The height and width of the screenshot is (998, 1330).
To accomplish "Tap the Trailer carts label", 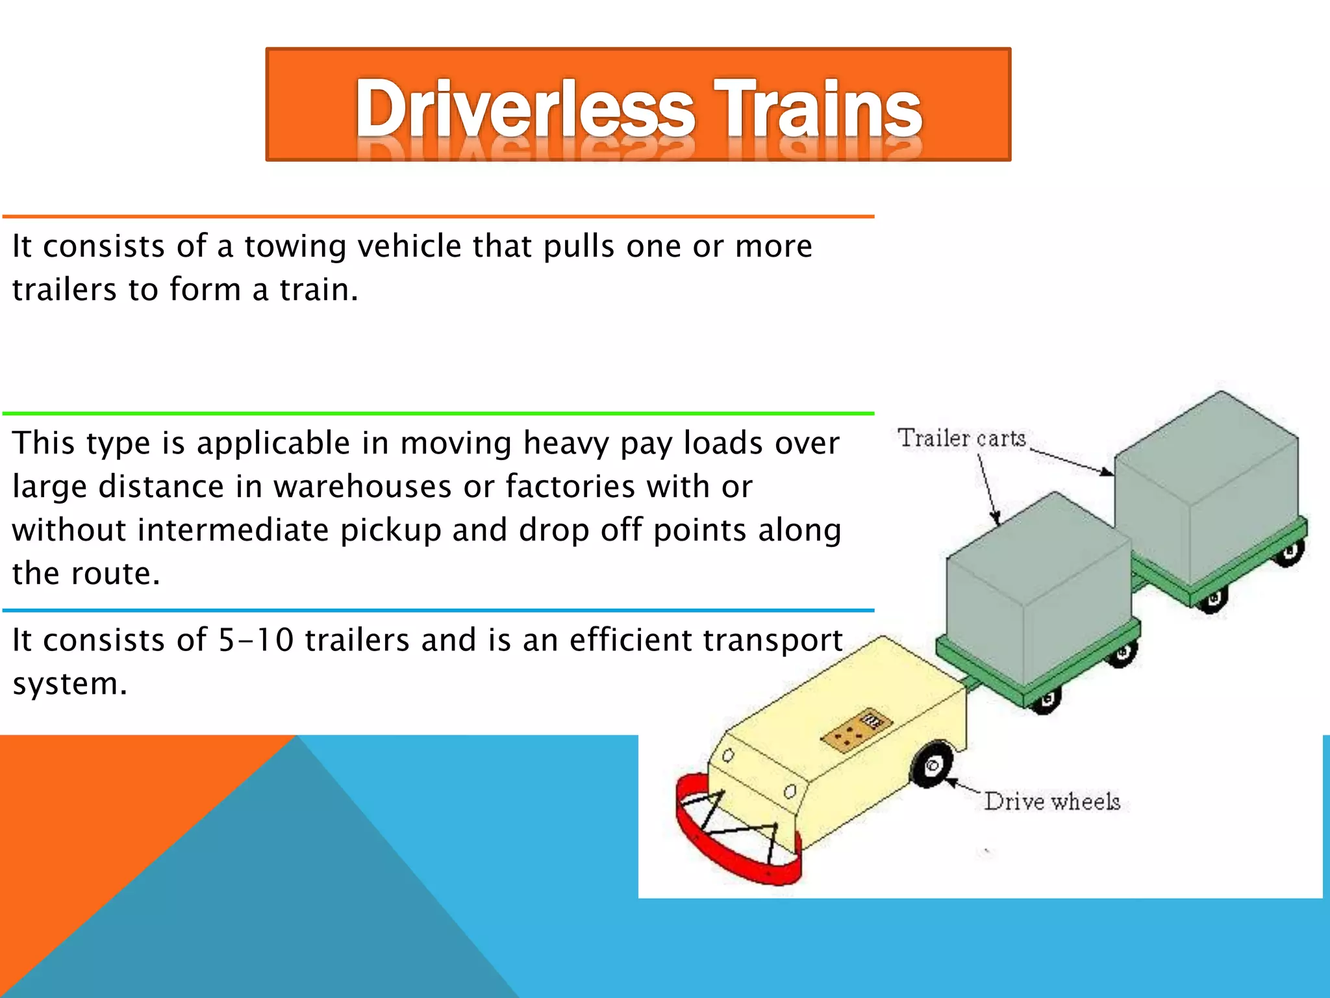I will [961, 439].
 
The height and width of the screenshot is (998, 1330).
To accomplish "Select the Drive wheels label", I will [1052, 802].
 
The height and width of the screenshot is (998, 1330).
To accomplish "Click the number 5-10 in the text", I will [255, 640].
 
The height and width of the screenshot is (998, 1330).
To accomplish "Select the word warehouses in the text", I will [362, 487].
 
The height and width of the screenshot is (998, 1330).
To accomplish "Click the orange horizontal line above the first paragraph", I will [438, 216].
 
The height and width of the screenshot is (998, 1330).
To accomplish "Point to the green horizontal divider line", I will [438, 413].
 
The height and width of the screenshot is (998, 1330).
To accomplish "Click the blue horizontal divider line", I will [438, 611].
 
